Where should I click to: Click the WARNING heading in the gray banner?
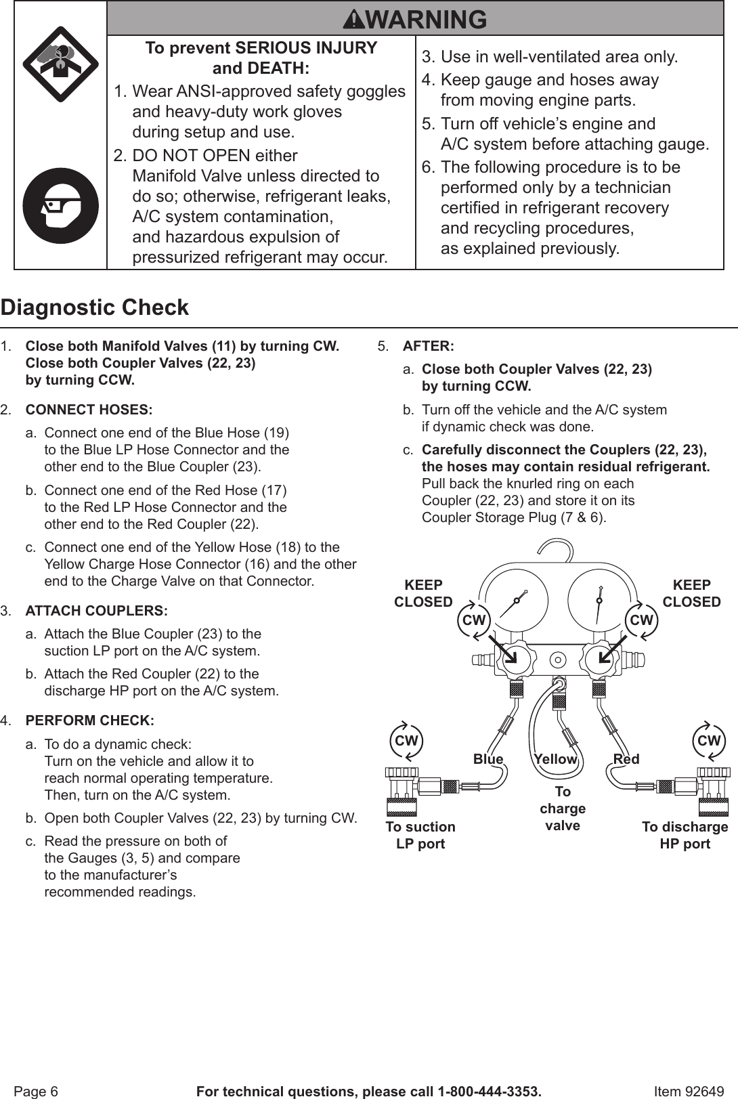coord(415,19)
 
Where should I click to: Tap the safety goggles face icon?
coord(61,206)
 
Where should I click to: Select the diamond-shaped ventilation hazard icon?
coord(61,64)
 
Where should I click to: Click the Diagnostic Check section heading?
coord(95,307)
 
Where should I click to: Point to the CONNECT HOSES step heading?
coord(89,410)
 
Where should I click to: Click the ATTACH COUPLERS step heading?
coord(96,611)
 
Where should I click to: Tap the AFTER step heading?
coord(428,346)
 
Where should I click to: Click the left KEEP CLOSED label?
coord(423,593)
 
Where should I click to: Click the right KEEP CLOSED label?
coord(691,593)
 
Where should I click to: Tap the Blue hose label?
coord(488,759)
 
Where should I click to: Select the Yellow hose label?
coord(555,759)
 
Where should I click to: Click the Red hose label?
coord(626,759)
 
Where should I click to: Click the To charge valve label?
coord(563,809)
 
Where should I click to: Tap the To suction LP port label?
coord(420,835)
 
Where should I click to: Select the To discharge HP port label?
coord(685,835)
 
